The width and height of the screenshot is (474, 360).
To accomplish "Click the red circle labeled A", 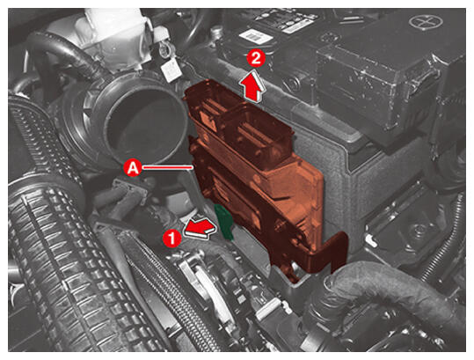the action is coord(133,167).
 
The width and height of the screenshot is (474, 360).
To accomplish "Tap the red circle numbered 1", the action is coord(172,238).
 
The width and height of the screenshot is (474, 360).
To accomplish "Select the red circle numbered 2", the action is coord(256,59).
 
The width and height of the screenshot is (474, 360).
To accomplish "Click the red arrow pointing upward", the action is coord(253,85).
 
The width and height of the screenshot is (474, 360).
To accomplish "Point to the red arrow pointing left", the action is coord(201,228).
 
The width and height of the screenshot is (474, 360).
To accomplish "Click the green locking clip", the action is coord(223,222).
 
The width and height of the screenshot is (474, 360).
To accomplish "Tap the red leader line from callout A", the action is coord(167,167).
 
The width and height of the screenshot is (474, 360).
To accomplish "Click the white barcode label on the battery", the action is coord(256,37).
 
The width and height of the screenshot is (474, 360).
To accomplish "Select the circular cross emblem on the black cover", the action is coord(426,21).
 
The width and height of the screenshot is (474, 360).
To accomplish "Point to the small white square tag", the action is coord(171,70).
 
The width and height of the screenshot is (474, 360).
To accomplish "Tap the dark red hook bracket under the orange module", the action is coord(325,253).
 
